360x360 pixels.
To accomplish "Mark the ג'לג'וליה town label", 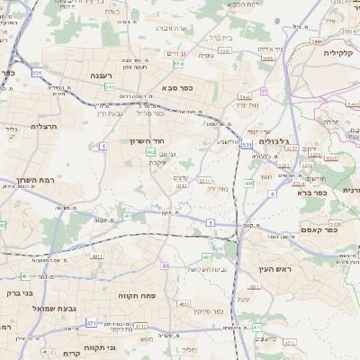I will [x=272, y=141].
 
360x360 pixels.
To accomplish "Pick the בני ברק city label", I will [x=18, y=292].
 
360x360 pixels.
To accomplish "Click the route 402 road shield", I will [x=150, y=153].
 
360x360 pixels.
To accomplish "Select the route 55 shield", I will [x=264, y=91].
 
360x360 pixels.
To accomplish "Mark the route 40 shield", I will [x=165, y=265].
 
